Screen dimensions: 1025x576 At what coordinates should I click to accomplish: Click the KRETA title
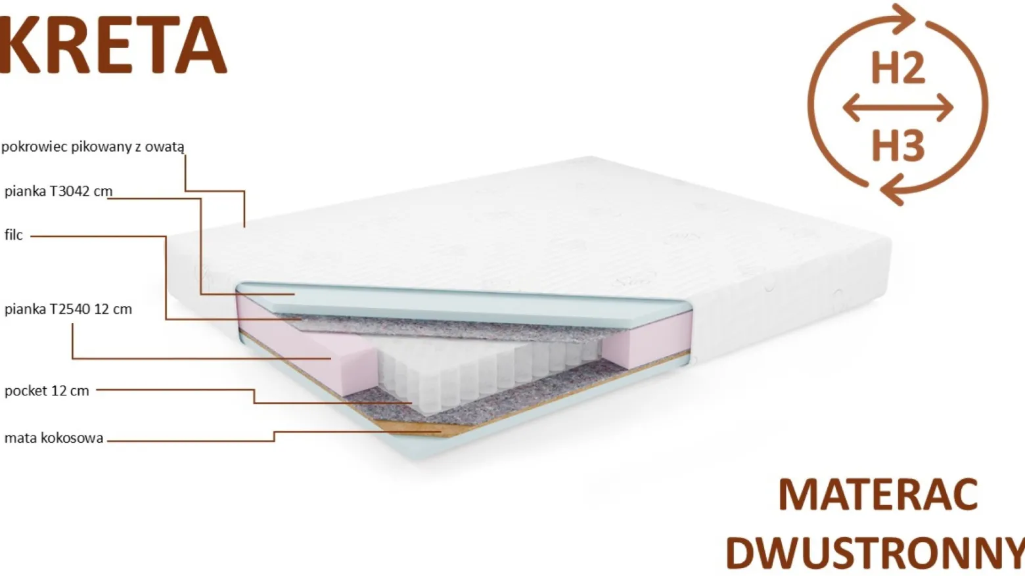pos(113,45)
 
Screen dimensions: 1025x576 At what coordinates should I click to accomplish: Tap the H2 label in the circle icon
pos(898,68)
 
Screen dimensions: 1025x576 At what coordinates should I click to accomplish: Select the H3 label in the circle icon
pos(898,146)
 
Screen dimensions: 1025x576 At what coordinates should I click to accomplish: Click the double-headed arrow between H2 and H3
pos(898,108)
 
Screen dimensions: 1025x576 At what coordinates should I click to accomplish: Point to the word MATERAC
pos(878,495)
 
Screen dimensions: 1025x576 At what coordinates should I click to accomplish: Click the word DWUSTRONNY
pos(875,553)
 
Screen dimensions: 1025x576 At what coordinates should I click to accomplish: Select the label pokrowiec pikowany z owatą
pos(93,147)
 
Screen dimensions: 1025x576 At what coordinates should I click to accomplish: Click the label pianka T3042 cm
pos(58,191)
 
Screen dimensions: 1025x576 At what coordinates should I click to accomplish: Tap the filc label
pos(13,235)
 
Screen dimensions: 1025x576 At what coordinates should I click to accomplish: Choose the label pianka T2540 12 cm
pos(68,309)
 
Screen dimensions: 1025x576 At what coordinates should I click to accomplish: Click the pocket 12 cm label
pos(47,391)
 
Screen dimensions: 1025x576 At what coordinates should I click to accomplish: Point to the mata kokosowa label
pos(54,438)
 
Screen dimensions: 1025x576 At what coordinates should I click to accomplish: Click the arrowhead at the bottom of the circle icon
pos(893,188)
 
